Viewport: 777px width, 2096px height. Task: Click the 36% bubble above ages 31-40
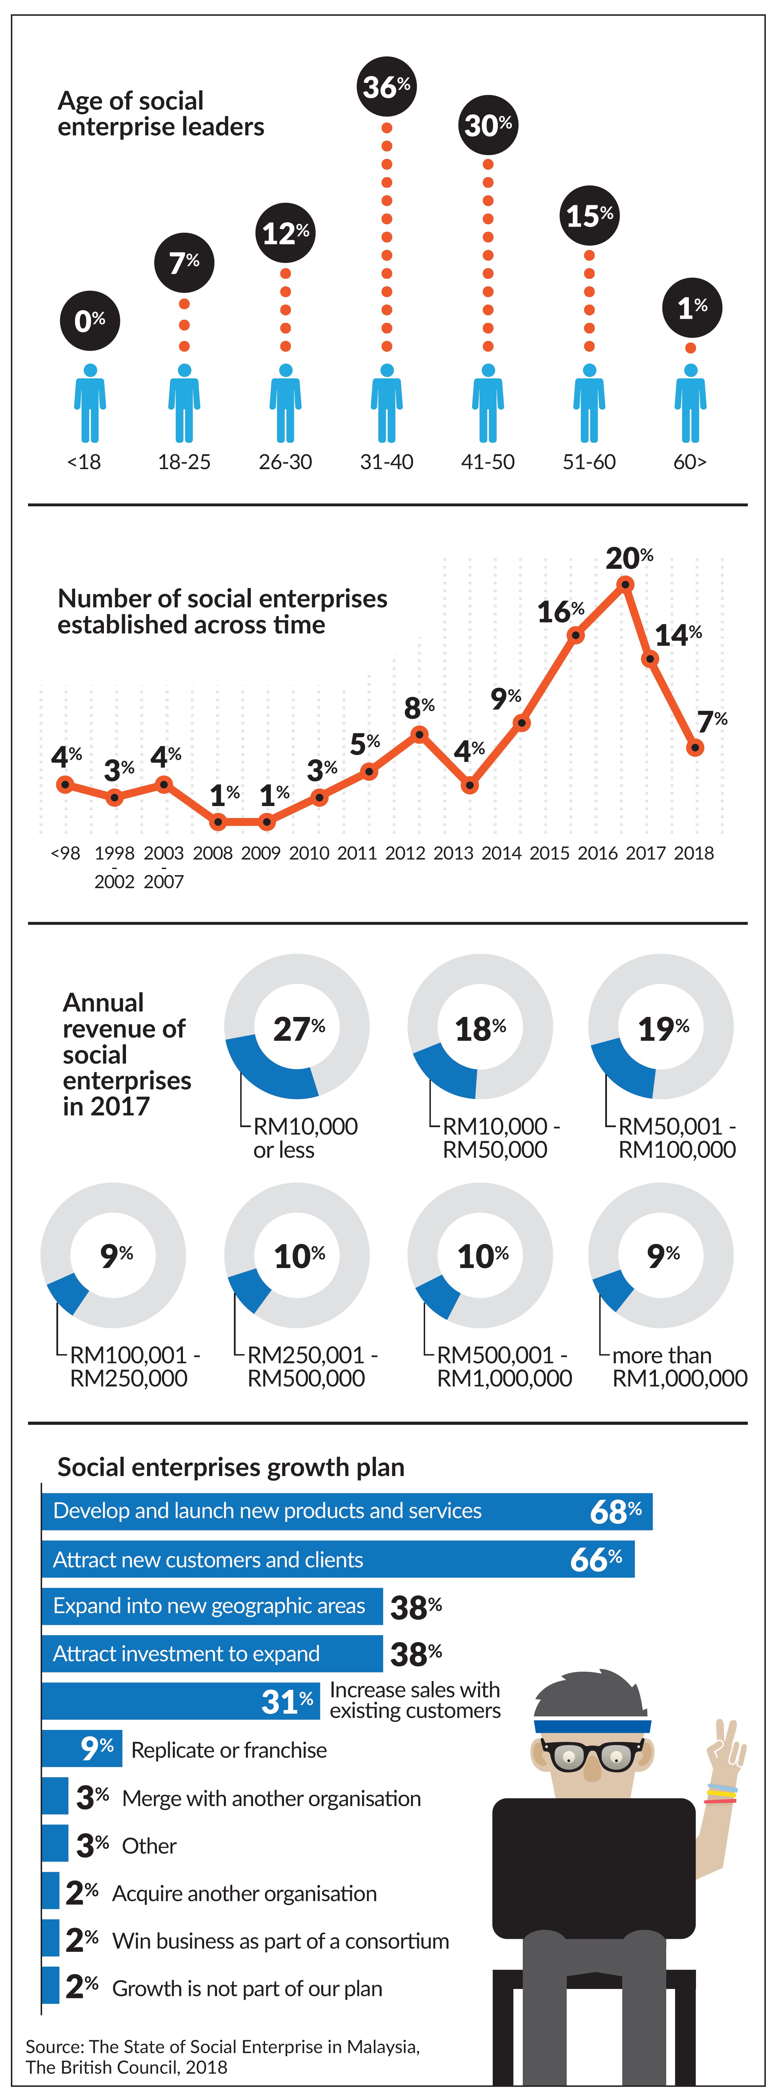point(386,86)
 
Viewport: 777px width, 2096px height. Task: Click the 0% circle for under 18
point(90,321)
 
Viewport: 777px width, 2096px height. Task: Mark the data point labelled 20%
point(625,584)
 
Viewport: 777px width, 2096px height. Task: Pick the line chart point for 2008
point(217,822)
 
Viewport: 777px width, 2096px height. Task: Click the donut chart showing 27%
point(297,1027)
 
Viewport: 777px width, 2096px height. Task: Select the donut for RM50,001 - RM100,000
point(661,1027)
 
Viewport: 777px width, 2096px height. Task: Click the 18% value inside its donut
point(480,1029)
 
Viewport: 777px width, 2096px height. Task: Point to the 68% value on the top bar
point(615,1512)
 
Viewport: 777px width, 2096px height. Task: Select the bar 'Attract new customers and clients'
point(338,1559)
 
